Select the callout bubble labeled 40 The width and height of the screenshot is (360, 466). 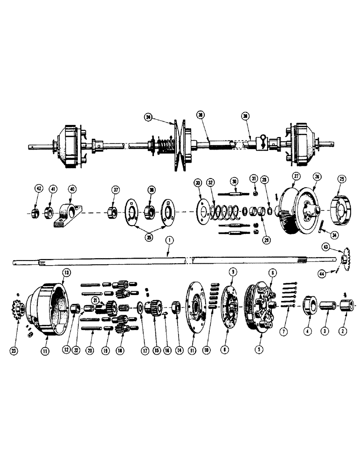[x=71, y=189]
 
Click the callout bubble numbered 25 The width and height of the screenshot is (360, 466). [x=342, y=180]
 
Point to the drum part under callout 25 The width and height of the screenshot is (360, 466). [x=342, y=207]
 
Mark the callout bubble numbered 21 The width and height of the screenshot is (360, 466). [x=95, y=301]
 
